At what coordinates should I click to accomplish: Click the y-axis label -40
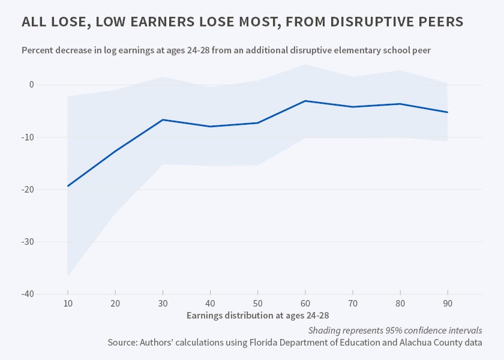[27, 294]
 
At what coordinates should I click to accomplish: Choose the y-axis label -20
[27, 190]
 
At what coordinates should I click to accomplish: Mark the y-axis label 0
[31, 85]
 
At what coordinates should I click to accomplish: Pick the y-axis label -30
[27, 242]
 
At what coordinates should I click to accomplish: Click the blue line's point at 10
[68, 186]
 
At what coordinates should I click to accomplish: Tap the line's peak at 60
[305, 101]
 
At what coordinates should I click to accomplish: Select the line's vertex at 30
[163, 120]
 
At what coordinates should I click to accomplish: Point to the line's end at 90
[447, 112]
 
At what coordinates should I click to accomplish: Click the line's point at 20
[115, 151]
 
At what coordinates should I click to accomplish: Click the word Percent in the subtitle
[38, 50]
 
